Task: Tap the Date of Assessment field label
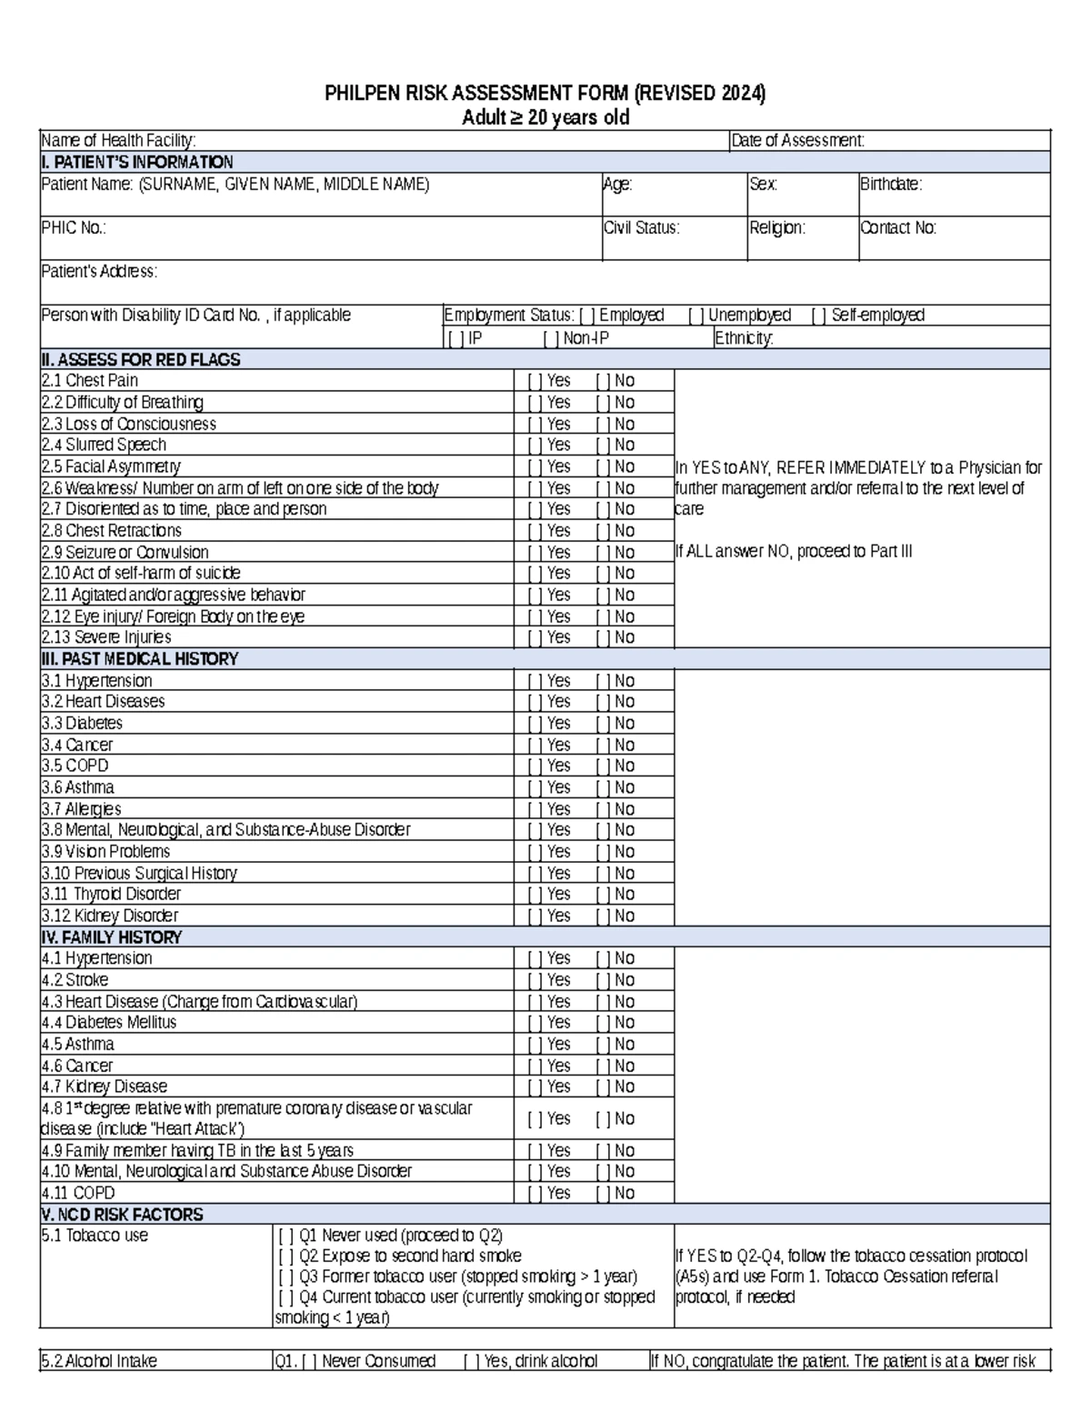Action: (797, 140)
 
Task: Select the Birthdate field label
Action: (891, 185)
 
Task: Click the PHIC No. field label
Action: (74, 228)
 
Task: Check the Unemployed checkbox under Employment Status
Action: (696, 315)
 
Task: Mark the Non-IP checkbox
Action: (551, 338)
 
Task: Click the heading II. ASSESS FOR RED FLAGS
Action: (141, 360)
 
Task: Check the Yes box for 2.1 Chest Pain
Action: (535, 381)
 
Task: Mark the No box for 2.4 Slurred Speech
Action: (603, 446)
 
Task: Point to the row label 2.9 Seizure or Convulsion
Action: (125, 553)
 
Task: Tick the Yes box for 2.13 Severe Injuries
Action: (535, 638)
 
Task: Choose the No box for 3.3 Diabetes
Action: (603, 724)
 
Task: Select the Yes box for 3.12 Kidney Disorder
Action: (535, 916)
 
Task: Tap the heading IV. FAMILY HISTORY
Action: (112, 937)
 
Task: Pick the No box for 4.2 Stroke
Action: (603, 980)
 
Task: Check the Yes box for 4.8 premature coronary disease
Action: (535, 1119)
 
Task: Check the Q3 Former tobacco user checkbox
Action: (286, 1277)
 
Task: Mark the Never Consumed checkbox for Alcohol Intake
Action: (309, 1361)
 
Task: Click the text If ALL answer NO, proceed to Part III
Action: (794, 552)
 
